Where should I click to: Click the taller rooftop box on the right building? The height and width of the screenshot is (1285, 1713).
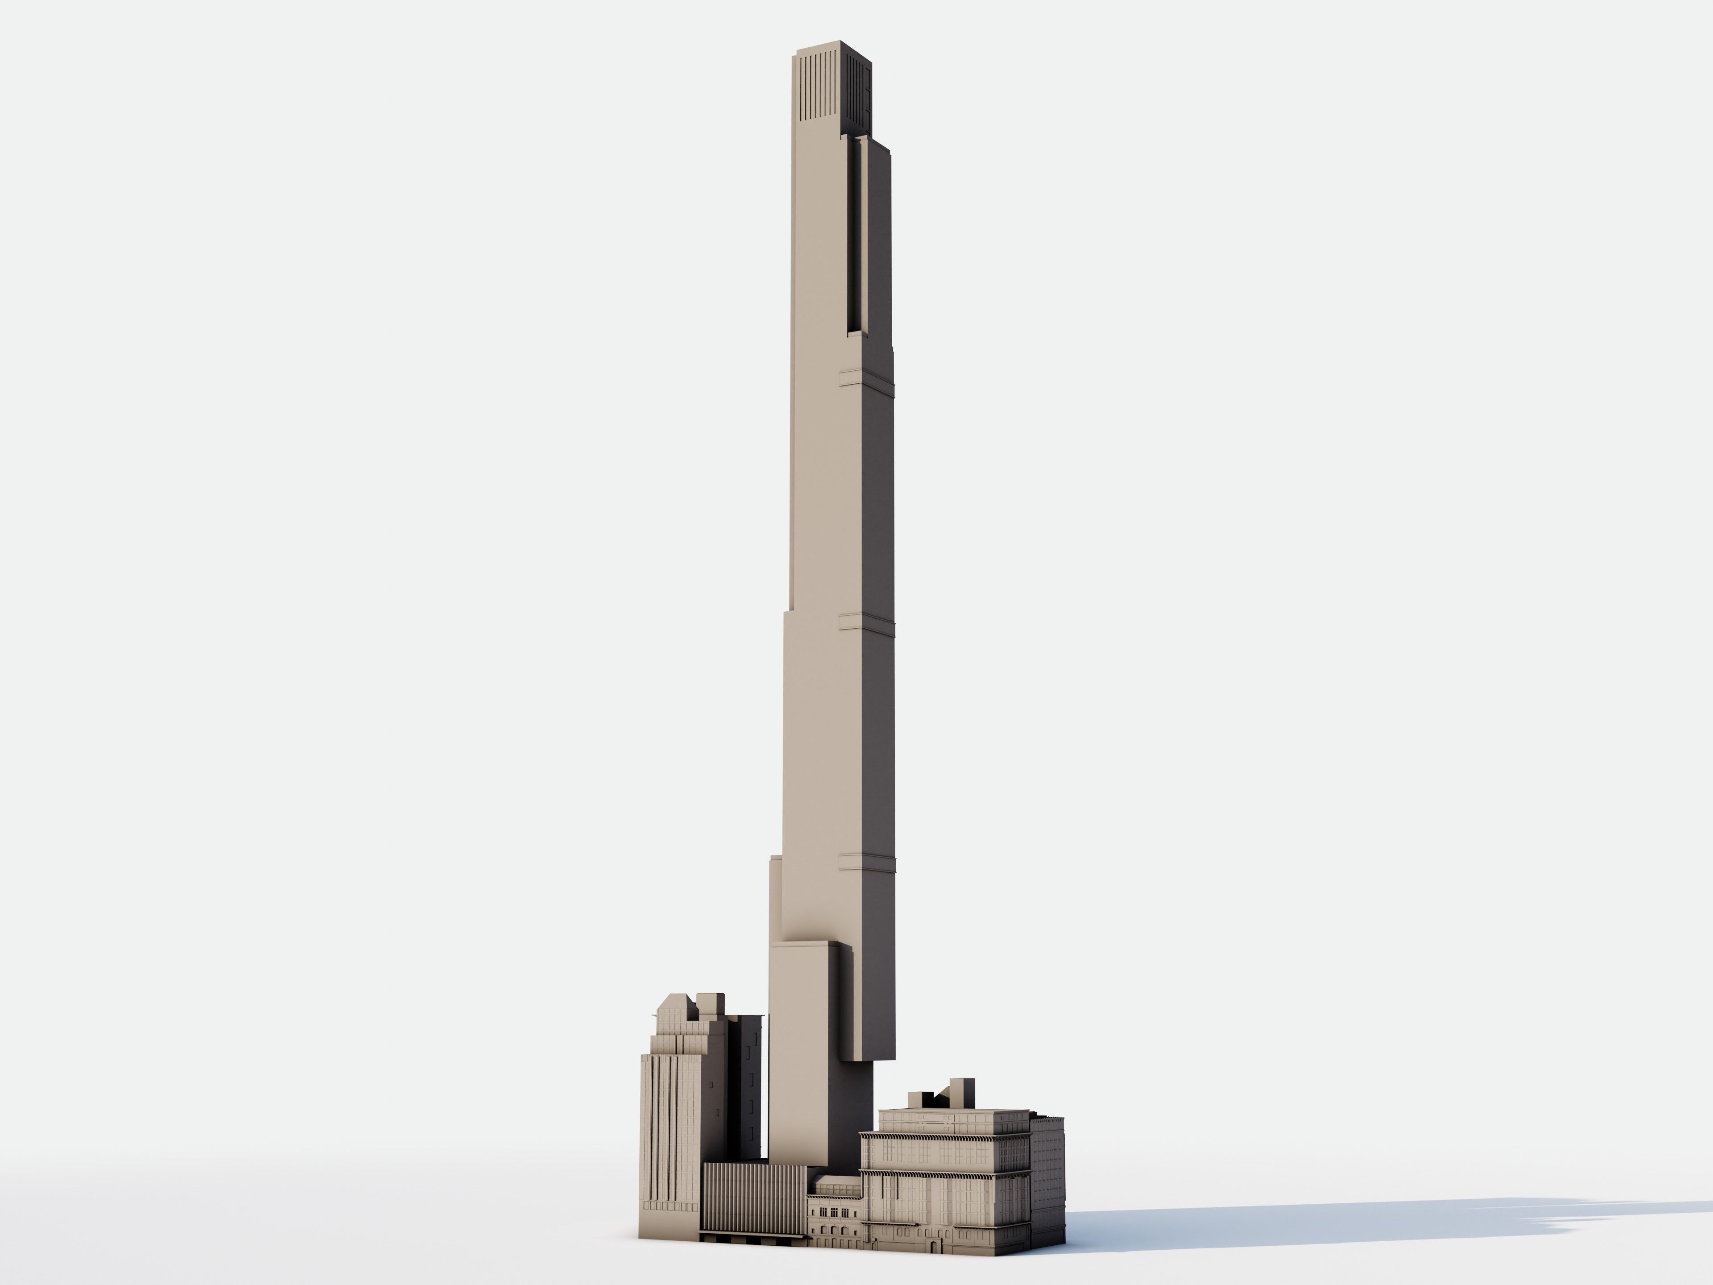coord(961,1092)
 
